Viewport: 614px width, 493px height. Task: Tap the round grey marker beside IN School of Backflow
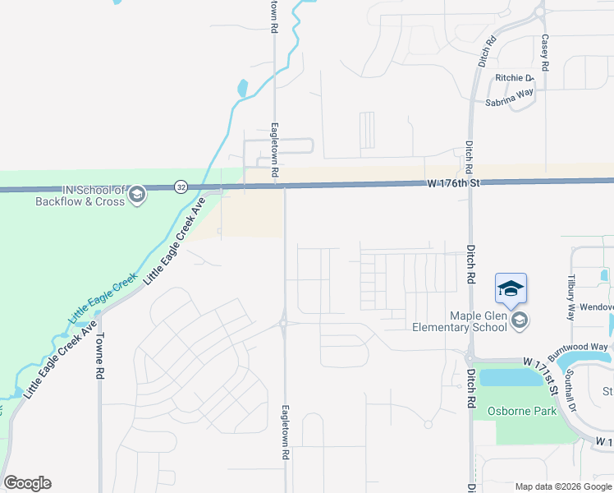pyautogui.click(x=137, y=195)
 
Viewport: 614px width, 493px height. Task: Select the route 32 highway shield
pyautogui.click(x=181, y=187)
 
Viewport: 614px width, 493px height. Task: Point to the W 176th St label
pyautogui.click(x=451, y=183)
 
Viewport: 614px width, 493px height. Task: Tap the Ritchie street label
pyautogui.click(x=514, y=78)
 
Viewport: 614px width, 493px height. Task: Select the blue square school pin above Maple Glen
pyautogui.click(x=510, y=288)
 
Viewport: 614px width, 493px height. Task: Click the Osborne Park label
pyautogui.click(x=521, y=411)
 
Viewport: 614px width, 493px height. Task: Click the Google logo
pyautogui.click(x=27, y=483)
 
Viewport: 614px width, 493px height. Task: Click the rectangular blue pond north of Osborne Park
pyautogui.click(x=506, y=377)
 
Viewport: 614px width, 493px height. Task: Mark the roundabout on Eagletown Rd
pyautogui.click(x=283, y=323)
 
